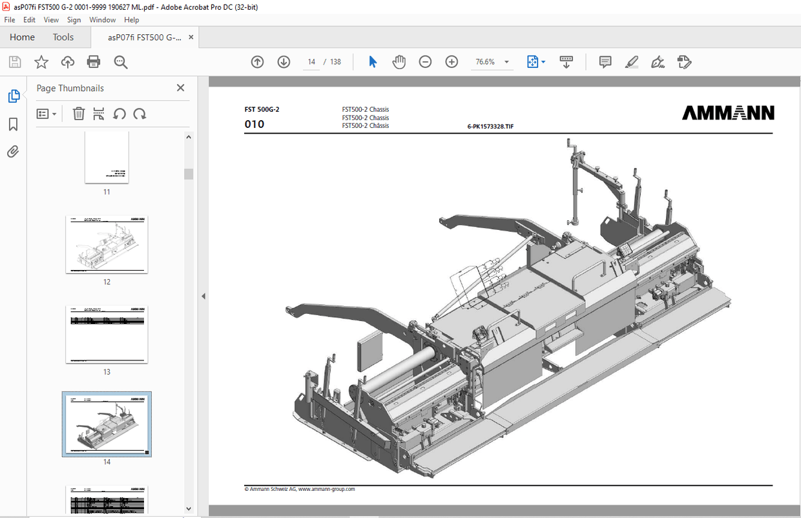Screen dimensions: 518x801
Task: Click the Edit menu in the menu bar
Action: [29, 20]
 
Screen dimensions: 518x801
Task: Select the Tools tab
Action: [63, 37]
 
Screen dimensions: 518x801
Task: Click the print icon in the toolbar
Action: [94, 62]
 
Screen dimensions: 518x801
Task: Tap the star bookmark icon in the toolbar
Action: [41, 62]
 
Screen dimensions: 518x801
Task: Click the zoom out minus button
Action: [425, 62]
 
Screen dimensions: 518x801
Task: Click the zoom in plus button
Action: [452, 62]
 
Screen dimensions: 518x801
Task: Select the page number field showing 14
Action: [311, 62]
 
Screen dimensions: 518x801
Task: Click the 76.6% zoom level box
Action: [485, 62]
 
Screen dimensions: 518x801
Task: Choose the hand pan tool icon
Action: [399, 62]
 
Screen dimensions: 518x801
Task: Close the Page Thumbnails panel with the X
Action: [180, 88]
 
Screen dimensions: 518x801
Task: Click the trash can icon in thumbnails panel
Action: [79, 114]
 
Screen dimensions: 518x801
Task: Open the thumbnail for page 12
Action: [107, 245]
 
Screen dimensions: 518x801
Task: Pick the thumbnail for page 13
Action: [107, 335]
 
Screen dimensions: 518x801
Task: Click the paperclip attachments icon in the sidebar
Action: [14, 152]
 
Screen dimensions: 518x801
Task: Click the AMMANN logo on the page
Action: [728, 114]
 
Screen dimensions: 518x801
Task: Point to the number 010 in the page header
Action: [255, 124]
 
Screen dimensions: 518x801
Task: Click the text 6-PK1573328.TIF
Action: [490, 127]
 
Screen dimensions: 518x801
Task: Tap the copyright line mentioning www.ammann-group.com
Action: [300, 490]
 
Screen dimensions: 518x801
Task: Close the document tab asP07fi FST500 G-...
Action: [191, 37]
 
